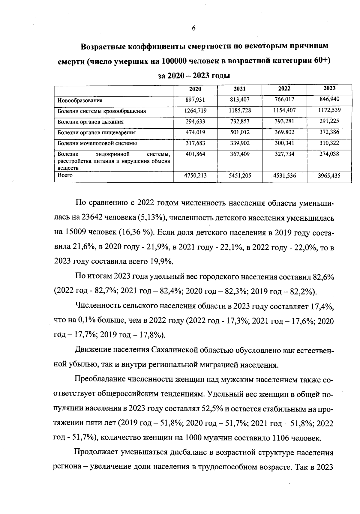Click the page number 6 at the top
click(x=193, y=28)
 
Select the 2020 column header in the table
click(x=195, y=89)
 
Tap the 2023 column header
click(x=329, y=88)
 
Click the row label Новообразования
click(x=80, y=100)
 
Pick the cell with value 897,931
click(x=195, y=100)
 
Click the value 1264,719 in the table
click(x=195, y=110)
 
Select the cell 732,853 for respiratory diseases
click(x=240, y=121)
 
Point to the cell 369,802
click(x=284, y=132)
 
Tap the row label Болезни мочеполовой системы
click(x=97, y=143)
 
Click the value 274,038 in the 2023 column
click(x=329, y=154)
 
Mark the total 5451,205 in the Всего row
click(x=240, y=176)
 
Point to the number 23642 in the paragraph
click(x=90, y=217)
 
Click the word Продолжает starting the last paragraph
click(x=96, y=452)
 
